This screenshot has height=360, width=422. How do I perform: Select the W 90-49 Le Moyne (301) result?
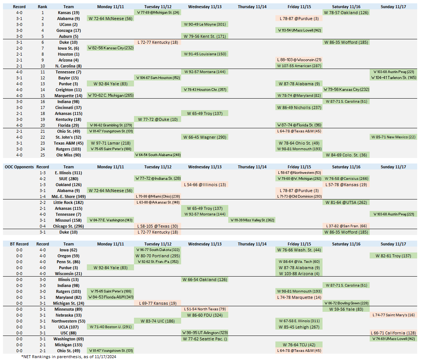205,24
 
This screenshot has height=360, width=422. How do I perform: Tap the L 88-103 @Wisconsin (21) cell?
299,60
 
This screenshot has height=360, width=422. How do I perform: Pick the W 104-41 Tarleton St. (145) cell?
393,78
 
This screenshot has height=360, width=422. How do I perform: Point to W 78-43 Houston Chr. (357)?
205,90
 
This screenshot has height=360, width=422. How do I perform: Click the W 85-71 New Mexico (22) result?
393,137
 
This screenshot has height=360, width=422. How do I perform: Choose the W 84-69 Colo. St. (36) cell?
346,155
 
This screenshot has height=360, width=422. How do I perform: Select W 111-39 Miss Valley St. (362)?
252,220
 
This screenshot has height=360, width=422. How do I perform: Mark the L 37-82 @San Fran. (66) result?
346,226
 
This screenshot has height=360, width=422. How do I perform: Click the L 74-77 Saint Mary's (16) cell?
393,315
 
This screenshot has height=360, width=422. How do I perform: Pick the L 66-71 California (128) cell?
393,333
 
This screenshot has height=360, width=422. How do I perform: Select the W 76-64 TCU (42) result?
299,345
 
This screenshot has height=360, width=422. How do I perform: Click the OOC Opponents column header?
19,167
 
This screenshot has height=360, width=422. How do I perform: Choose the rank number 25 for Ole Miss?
42,155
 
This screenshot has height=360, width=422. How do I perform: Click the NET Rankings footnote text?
71,357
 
